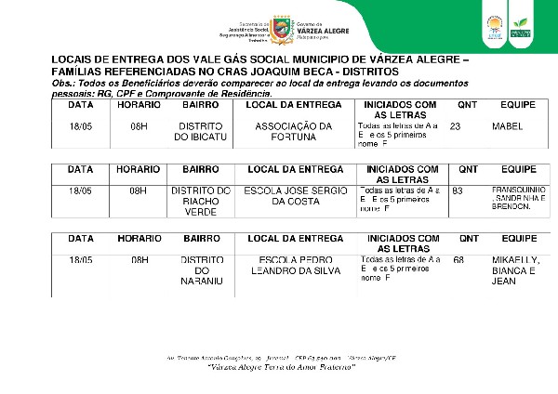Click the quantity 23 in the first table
point(455,125)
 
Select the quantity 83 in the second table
point(457,190)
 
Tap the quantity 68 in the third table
point(458,259)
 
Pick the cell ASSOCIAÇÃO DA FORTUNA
point(293,131)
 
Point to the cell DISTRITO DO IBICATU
point(200,131)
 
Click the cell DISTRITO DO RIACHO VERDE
point(200,202)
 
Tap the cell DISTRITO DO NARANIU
point(200,270)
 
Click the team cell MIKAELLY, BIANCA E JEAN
point(513,269)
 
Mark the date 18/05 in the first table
point(81,125)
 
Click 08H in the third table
point(139,259)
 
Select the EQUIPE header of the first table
point(518,105)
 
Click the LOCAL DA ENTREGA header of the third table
point(293,239)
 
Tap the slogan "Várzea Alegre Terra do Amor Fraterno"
point(280,366)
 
